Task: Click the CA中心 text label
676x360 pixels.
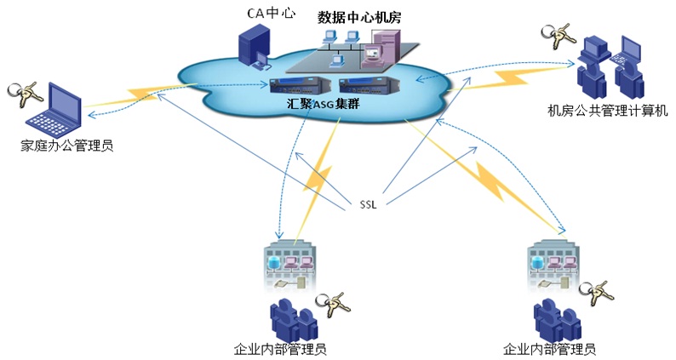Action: (x=261, y=14)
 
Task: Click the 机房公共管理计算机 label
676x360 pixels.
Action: (x=608, y=111)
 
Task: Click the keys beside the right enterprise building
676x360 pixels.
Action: (x=601, y=290)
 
